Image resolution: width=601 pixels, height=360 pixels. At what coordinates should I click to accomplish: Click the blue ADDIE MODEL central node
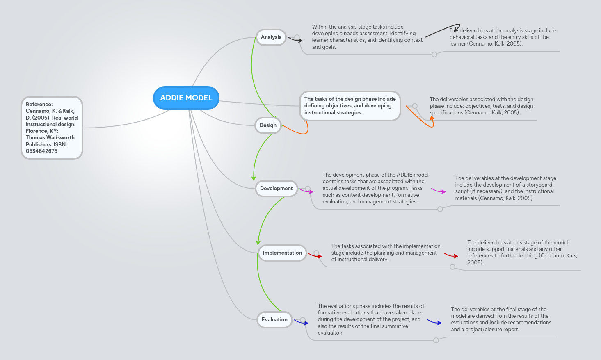[x=186, y=98]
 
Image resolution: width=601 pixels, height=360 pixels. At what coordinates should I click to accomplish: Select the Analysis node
[x=271, y=37]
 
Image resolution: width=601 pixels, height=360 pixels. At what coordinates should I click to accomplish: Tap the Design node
[x=268, y=125]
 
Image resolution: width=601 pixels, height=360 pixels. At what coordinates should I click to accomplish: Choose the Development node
[x=276, y=189]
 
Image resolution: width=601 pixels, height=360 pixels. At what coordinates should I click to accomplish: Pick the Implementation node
[x=282, y=253]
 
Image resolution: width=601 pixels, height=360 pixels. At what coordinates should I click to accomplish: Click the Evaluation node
[x=274, y=320]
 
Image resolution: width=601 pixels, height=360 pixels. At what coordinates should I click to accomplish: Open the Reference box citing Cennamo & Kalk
[x=52, y=128]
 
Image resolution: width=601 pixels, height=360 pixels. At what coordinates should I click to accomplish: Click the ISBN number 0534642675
[x=41, y=151]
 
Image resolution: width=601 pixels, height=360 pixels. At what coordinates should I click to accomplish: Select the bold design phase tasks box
[x=350, y=106]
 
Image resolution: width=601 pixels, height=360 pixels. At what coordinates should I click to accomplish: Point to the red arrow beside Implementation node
[x=315, y=255]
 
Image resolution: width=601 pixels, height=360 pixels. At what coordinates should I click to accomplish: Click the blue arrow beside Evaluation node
[x=302, y=322]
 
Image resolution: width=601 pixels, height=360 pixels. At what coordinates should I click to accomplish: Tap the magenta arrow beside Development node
[x=306, y=191]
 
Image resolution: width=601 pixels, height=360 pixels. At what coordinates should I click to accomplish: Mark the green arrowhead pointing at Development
[x=254, y=178]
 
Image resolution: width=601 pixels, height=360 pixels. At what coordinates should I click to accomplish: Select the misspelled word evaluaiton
[x=330, y=333]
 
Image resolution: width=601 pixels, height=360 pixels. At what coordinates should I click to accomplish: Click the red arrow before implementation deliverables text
[x=451, y=255]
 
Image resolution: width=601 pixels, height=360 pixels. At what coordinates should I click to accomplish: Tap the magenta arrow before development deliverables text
[x=439, y=191]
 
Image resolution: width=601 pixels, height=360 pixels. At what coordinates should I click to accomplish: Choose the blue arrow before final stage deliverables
[x=434, y=322]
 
